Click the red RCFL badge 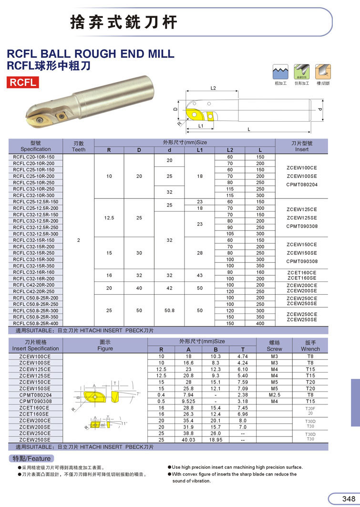[x=23, y=82]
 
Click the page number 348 [x=348, y=498]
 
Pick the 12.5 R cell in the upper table [x=109, y=218]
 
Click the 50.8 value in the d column [x=169, y=310]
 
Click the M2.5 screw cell [x=274, y=395]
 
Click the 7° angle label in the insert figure [x=138, y=394]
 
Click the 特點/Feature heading [x=31, y=458]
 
